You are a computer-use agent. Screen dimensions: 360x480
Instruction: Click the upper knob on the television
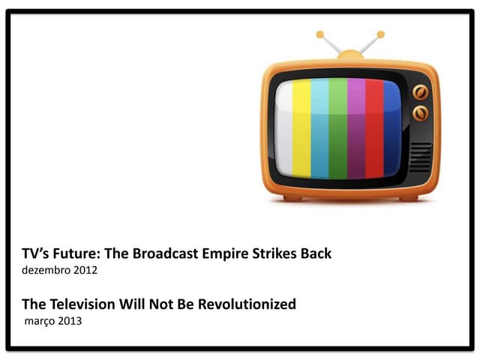(x=421, y=94)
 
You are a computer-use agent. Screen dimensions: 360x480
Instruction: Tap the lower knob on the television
(x=421, y=113)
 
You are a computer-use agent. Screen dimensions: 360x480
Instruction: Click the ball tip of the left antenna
(x=320, y=34)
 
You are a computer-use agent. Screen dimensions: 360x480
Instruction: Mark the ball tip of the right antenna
(x=380, y=34)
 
